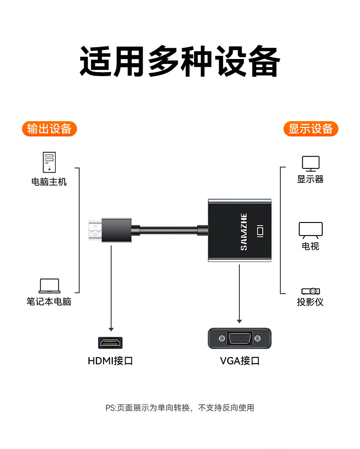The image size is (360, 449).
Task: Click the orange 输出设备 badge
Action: coord(49,129)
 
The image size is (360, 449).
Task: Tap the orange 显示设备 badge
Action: coord(311,129)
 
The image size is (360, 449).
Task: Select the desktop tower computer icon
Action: coord(49,162)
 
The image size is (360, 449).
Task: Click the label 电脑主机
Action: coord(49,182)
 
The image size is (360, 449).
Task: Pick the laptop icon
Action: coord(49,286)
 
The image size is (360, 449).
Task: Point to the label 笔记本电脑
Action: coord(49,302)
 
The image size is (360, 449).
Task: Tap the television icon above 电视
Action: coord(311,230)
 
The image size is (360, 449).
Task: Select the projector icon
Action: coord(311,291)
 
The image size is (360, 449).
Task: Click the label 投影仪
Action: coord(310,302)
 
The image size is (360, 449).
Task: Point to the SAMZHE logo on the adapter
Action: coord(244,231)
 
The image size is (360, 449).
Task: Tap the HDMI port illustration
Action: coord(110,343)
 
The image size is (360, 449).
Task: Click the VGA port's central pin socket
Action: coord(239,339)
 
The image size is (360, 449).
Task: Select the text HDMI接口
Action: coord(110,361)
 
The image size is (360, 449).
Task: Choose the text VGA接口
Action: coord(239,361)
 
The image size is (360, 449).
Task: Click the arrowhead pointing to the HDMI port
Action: coord(111,330)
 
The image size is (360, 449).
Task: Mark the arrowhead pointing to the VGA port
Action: coord(239,321)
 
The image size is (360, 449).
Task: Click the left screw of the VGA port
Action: coord(222,339)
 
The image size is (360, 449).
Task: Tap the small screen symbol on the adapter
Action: coord(260,231)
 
